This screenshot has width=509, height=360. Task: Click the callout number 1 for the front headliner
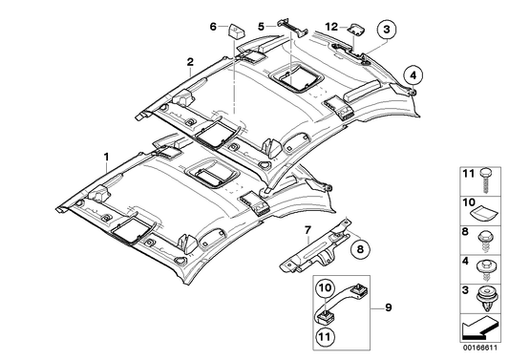107,154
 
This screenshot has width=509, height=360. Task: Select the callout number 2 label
190,63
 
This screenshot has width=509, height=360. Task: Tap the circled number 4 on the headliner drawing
412,72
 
